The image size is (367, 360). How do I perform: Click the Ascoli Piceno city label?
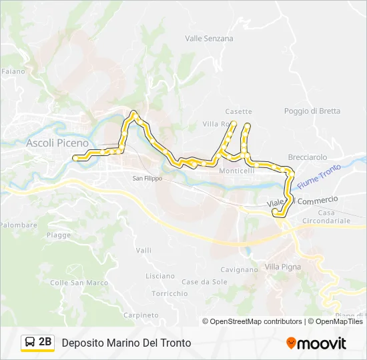click(x=57, y=143)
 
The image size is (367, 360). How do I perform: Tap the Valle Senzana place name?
click(x=209, y=39)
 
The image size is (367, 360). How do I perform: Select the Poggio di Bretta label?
click(x=312, y=111)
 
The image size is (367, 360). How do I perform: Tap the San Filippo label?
click(x=147, y=178)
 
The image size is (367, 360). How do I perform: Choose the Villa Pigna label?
click(x=283, y=267)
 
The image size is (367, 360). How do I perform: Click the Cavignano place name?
click(x=238, y=270)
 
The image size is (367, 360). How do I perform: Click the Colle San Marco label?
click(x=79, y=283)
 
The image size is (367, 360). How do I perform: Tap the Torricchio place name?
click(x=169, y=293)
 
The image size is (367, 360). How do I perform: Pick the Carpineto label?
click(x=140, y=315)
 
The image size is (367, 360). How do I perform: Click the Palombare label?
click(x=18, y=225)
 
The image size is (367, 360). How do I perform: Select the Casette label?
click(x=239, y=111)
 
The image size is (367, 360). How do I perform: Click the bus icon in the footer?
click(x=30, y=343)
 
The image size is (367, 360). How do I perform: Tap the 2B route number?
click(x=45, y=342)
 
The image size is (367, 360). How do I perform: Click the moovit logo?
click(x=316, y=343)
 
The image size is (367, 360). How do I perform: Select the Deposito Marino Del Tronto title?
click(x=126, y=343)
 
